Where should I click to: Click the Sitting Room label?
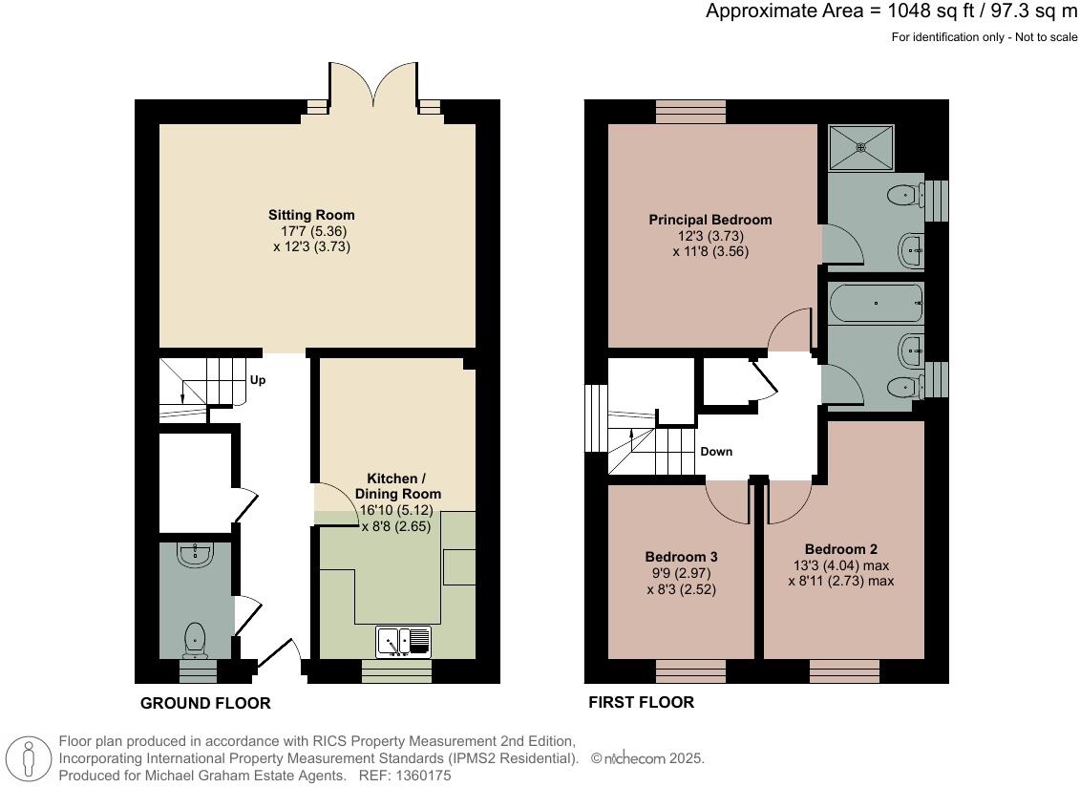[311, 215]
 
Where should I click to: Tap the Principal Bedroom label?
[709, 220]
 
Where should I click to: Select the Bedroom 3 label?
[681, 557]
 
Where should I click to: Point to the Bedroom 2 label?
[840, 549]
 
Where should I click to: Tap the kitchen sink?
[404, 641]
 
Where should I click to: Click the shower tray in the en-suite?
[861, 147]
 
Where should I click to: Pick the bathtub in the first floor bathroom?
[876, 304]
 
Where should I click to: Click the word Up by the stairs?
[258, 380]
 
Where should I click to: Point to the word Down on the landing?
[716, 452]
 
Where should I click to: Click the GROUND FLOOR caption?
[205, 704]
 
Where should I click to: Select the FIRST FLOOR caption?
[641, 703]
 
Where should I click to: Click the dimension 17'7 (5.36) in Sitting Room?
[311, 231]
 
